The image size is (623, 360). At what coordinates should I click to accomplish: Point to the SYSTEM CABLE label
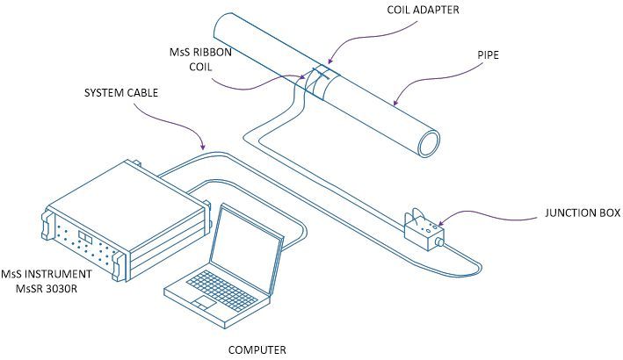click(x=122, y=91)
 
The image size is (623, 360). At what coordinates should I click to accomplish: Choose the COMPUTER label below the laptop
click(x=257, y=349)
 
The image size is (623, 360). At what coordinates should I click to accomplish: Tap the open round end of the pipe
click(x=430, y=140)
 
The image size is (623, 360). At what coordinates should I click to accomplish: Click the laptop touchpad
click(x=204, y=304)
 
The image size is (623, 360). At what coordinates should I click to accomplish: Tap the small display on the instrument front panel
click(x=85, y=237)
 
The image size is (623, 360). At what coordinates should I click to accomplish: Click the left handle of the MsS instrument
click(x=46, y=225)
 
